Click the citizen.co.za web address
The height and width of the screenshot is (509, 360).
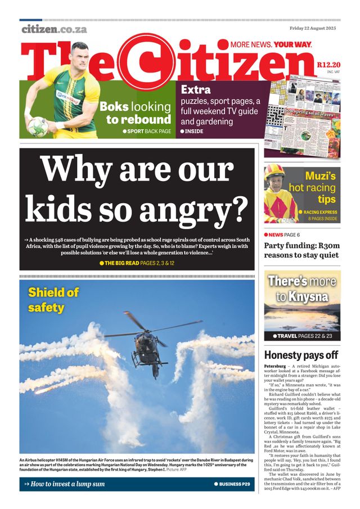54,29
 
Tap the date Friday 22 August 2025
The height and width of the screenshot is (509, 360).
313,28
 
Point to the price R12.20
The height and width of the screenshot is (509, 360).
328,65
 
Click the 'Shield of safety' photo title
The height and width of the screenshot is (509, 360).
53,300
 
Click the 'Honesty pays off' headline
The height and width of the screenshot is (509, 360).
301,355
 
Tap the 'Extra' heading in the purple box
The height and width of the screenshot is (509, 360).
196,89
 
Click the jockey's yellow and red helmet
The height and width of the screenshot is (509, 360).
275,172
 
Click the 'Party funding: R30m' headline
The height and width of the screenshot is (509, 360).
302,245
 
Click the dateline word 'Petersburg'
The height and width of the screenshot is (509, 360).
278,366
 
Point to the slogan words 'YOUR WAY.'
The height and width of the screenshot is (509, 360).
293,44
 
